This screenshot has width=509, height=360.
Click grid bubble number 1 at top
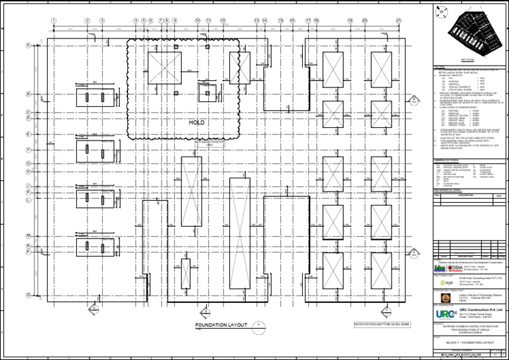pos(53,21)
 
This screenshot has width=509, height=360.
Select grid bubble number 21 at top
pos(398,21)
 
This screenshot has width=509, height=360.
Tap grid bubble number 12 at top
pos(223,21)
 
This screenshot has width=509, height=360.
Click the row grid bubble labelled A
pos(28,46)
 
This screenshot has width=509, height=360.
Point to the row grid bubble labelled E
pos(28,135)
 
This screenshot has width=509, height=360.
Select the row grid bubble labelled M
pos(28,236)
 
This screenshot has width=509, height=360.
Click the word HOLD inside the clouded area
pos(198,123)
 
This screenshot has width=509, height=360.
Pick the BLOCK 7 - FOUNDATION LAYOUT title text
pos(471,343)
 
